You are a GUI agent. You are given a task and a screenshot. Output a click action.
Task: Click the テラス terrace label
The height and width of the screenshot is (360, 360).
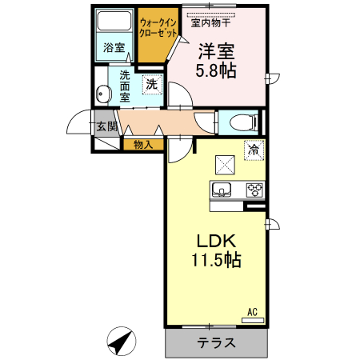tap(216, 343)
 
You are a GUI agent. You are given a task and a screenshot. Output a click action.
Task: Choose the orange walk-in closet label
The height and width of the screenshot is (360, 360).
tap(157, 30)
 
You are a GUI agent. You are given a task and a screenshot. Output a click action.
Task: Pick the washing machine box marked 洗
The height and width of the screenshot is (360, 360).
tap(151, 83)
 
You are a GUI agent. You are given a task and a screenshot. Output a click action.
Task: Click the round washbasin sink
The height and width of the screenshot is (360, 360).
tap(102, 94)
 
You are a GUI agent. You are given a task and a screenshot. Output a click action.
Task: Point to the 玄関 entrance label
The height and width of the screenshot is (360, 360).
tap(106, 126)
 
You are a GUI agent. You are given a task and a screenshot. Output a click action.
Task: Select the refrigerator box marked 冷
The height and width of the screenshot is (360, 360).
tap(254, 148)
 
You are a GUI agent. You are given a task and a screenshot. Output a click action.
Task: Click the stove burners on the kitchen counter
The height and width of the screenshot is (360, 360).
tap(254, 190)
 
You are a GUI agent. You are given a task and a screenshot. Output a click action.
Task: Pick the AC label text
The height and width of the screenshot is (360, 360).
tap(251, 312)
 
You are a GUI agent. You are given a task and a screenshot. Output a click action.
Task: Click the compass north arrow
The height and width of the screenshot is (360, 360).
tap(122, 342)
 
